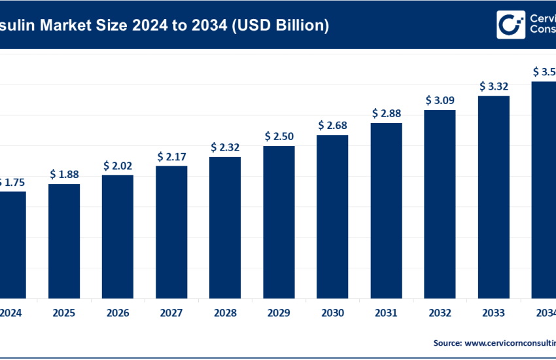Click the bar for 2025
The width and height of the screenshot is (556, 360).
tap(64, 241)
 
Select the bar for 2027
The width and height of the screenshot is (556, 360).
tap(171, 232)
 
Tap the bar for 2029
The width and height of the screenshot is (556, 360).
tap(279, 221)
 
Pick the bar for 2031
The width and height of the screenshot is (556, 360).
tap(387, 210)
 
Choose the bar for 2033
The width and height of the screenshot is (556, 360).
tap(494, 196)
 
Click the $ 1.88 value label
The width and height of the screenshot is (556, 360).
tap(64, 174)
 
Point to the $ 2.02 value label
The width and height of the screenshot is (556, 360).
tap(118, 166)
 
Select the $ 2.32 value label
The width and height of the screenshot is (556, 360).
tap(225, 147)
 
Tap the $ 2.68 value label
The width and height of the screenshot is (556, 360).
tap(332, 125)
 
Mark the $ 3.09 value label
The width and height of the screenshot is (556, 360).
tap(440, 100)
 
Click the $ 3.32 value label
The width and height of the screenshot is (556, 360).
tap(494, 86)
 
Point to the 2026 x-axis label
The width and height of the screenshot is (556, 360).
tap(118, 313)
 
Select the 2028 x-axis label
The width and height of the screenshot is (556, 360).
tap(225, 313)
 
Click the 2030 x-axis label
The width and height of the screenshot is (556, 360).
tap(332, 313)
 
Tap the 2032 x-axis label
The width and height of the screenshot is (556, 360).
tap(440, 313)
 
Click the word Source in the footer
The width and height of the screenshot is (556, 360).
tap(447, 342)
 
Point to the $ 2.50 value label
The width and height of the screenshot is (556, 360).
tap(279, 136)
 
